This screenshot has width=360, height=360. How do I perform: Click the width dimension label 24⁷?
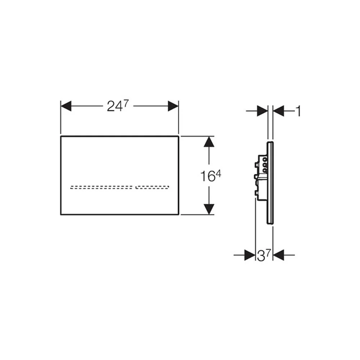click(x=118, y=106)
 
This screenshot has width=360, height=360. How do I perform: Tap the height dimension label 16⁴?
click(x=211, y=176)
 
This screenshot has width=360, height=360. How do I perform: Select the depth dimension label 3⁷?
click(x=264, y=255)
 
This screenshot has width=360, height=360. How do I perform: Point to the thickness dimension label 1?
click(x=298, y=111)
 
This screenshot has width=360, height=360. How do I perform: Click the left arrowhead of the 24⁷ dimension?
click(x=66, y=106)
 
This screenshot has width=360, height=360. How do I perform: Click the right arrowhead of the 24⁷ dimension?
click(x=173, y=106)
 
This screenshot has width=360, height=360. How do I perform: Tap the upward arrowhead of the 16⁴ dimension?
click(x=209, y=141)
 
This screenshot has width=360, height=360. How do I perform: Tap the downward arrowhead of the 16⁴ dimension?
click(x=209, y=209)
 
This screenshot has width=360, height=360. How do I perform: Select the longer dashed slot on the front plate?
click(x=101, y=187)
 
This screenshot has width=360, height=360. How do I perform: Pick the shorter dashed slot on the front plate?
click(x=152, y=187)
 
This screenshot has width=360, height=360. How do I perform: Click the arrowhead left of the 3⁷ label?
click(x=250, y=255)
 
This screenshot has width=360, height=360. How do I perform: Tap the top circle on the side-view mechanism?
click(x=265, y=159)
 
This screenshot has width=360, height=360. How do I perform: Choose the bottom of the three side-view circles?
click(x=265, y=170)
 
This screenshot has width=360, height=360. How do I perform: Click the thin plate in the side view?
click(x=270, y=183)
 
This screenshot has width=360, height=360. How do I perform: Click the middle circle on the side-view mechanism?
click(x=265, y=165)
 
